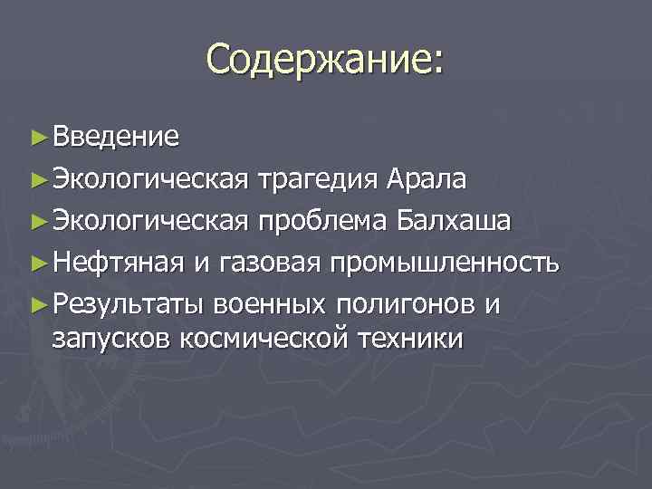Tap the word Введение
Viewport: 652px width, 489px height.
(115, 137)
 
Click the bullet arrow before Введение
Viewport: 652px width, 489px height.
(37, 137)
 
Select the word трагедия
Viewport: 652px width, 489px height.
(311, 179)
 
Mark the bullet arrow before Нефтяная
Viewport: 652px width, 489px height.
(37, 264)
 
